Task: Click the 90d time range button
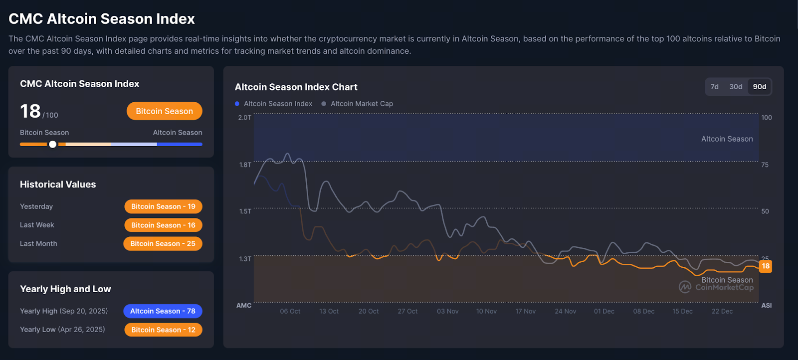pyautogui.click(x=759, y=87)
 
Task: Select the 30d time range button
pyautogui.click(x=736, y=87)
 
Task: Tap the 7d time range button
pyautogui.click(x=714, y=87)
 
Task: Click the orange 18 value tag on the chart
pyautogui.click(x=765, y=266)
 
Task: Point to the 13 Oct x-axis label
pyautogui.click(x=329, y=311)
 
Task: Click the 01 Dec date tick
pyautogui.click(x=604, y=311)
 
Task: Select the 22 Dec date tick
pyautogui.click(x=722, y=311)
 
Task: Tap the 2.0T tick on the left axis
pyautogui.click(x=244, y=118)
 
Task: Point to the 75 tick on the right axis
pyautogui.click(x=765, y=165)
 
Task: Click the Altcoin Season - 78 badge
pyautogui.click(x=163, y=311)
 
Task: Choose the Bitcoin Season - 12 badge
pyautogui.click(x=163, y=330)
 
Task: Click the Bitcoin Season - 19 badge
pyautogui.click(x=163, y=206)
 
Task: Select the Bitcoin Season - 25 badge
pyautogui.click(x=163, y=244)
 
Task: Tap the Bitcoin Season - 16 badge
pyautogui.click(x=163, y=225)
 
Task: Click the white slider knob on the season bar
pyautogui.click(x=52, y=144)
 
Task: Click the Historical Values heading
pyautogui.click(x=58, y=184)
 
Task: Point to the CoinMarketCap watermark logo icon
pyautogui.click(x=685, y=287)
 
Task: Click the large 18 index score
pyautogui.click(x=30, y=111)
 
